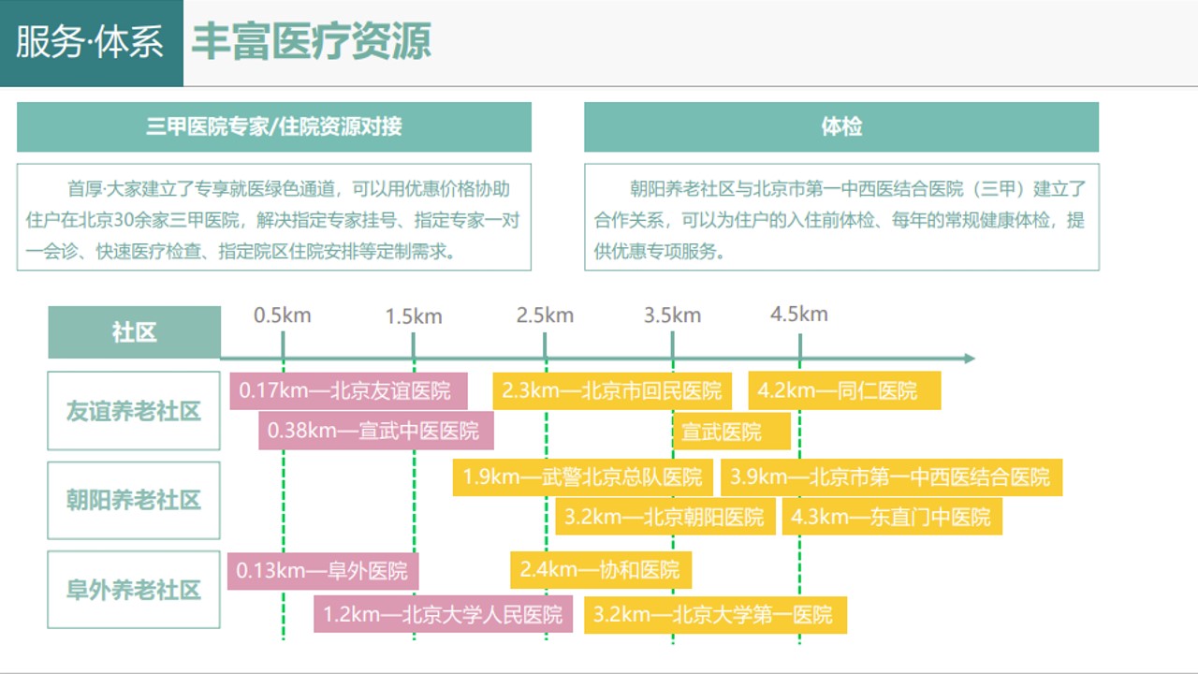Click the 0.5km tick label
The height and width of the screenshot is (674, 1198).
click(283, 315)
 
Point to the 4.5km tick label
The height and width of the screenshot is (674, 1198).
click(799, 314)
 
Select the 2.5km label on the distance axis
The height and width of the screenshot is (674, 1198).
click(545, 315)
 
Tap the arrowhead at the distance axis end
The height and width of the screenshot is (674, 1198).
click(970, 358)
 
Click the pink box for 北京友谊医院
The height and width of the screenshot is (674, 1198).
click(348, 391)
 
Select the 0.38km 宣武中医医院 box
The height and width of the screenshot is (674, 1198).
click(376, 431)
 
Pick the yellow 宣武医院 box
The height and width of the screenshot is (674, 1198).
click(732, 432)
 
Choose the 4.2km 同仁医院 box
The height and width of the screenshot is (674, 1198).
click(844, 390)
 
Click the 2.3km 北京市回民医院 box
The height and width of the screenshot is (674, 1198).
click(612, 390)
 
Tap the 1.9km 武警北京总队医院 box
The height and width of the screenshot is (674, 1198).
click(582, 476)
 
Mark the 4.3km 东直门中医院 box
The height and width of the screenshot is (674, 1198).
click(892, 517)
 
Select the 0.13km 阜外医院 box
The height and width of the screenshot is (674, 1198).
click(323, 571)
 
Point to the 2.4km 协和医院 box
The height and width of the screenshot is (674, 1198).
click(601, 570)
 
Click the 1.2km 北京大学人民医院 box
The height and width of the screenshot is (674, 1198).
click(443, 614)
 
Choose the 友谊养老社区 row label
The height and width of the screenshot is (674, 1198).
click(134, 411)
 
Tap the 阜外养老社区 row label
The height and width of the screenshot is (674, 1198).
click(134, 590)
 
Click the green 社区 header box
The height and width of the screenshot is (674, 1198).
click(134, 332)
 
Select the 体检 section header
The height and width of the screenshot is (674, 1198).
click(841, 126)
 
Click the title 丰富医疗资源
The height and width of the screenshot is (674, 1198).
click(312, 41)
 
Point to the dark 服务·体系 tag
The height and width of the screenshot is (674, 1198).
click(92, 43)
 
